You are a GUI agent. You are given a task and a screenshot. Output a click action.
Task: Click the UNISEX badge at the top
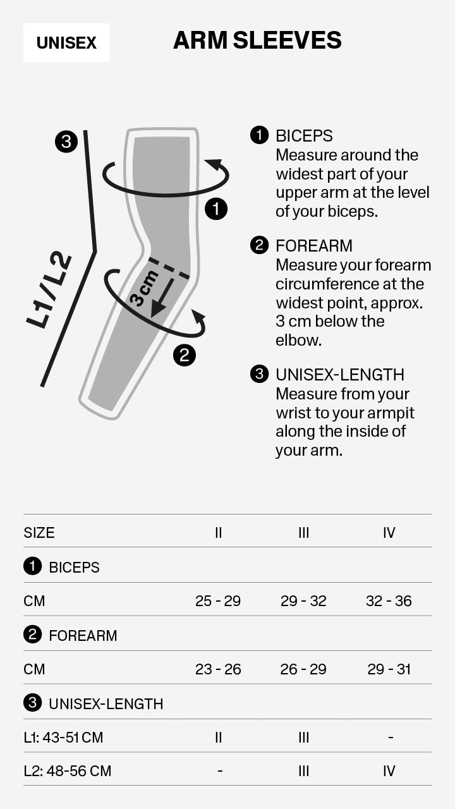pyautogui.click(x=66, y=43)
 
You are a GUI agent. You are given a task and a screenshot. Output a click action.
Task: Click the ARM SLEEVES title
pyautogui.click(x=257, y=40)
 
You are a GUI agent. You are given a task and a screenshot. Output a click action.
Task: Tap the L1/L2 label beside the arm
pyautogui.click(x=49, y=291)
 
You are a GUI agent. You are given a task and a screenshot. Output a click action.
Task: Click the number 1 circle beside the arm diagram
pyautogui.click(x=217, y=209)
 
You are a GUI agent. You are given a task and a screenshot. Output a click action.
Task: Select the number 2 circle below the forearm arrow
pyautogui.click(x=184, y=355)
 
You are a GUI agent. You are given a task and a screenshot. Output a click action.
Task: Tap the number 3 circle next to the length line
pyautogui.click(x=66, y=141)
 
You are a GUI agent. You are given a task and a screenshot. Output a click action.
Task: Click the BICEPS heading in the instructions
pyautogui.click(x=304, y=136)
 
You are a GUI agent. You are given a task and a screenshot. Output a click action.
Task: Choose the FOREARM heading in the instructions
pyautogui.click(x=313, y=246)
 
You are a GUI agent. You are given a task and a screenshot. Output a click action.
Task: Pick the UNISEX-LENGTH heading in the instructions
pyautogui.click(x=339, y=375)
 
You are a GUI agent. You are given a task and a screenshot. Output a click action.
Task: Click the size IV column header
pyautogui.click(x=389, y=533)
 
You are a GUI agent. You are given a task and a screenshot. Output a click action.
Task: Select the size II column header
pyautogui.click(x=218, y=533)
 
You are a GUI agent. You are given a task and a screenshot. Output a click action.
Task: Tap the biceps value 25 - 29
pyautogui.click(x=218, y=601)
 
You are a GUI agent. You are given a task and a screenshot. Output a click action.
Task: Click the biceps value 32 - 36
pyautogui.click(x=389, y=601)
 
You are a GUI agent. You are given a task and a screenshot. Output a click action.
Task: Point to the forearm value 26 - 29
pyautogui.click(x=303, y=669)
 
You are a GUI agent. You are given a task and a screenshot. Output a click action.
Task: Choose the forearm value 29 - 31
pyautogui.click(x=389, y=669)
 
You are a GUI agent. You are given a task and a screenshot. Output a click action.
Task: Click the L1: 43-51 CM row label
pyautogui.click(x=63, y=738)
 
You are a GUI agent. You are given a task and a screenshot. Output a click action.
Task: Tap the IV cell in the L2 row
pyautogui.click(x=389, y=771)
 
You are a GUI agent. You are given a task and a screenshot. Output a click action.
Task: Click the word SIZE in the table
pyautogui.click(x=39, y=533)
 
